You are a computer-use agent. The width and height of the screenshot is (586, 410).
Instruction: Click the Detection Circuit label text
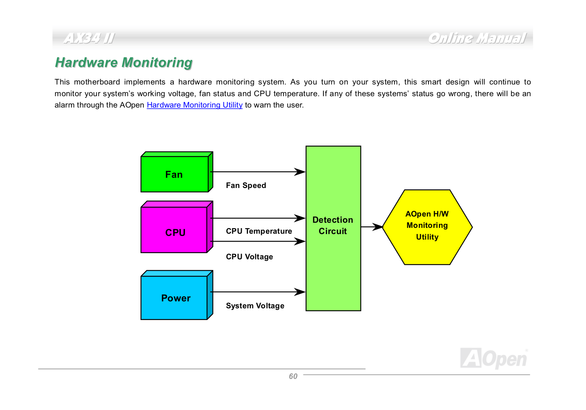pyautogui.click(x=333, y=226)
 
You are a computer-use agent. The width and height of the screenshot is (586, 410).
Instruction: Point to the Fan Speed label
pyautogui.click(x=246, y=185)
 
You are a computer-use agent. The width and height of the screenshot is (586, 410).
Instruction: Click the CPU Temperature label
pyautogui.click(x=259, y=231)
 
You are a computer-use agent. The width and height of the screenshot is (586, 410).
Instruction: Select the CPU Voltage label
pyautogui.click(x=249, y=257)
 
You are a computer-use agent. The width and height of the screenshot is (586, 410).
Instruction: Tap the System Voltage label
pyautogui.click(x=255, y=306)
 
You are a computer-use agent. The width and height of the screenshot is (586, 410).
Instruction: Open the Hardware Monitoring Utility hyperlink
pyautogui.click(x=194, y=105)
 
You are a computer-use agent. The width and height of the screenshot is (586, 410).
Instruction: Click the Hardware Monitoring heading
pyautogui.click(x=124, y=63)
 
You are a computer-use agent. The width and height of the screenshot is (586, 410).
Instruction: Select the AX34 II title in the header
pyautogui.click(x=89, y=38)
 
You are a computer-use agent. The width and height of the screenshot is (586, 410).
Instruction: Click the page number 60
pyautogui.click(x=293, y=377)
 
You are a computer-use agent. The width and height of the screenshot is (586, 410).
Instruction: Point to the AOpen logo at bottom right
pyautogui.click(x=494, y=358)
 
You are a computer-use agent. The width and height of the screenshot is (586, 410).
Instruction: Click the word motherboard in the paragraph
pyautogui.click(x=97, y=82)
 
